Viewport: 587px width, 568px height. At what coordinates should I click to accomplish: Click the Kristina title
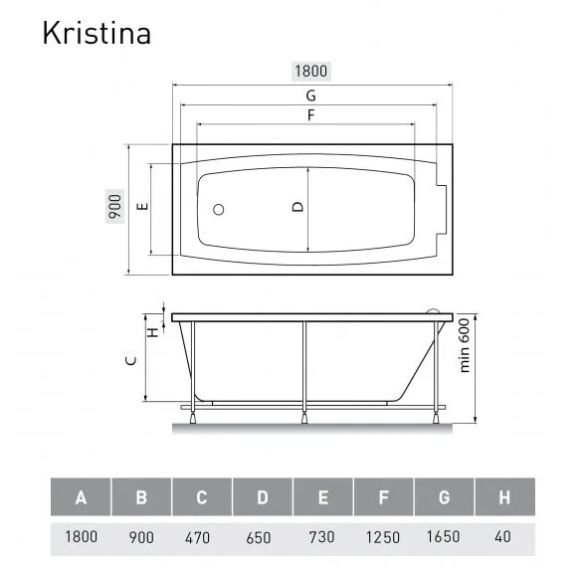[96, 32]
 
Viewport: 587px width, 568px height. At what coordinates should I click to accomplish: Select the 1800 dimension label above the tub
[310, 71]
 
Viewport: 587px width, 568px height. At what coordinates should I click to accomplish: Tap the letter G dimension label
[310, 95]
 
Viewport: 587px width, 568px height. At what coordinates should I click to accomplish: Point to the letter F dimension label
[310, 115]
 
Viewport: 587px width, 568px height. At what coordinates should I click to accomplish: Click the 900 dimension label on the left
[115, 208]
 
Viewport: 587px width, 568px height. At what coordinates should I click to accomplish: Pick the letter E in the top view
[142, 208]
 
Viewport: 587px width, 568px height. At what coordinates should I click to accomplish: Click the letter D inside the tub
[296, 208]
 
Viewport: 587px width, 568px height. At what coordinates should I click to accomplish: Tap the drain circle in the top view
[220, 210]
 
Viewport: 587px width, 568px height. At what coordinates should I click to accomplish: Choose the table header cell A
[81, 497]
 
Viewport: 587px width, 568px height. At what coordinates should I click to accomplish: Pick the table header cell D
[263, 497]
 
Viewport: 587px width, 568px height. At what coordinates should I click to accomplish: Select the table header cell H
[504, 497]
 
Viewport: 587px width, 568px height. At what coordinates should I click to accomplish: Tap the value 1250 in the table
[384, 537]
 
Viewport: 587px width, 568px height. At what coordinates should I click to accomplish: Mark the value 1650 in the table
[445, 537]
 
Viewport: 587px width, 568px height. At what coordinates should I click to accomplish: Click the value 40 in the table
[504, 537]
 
